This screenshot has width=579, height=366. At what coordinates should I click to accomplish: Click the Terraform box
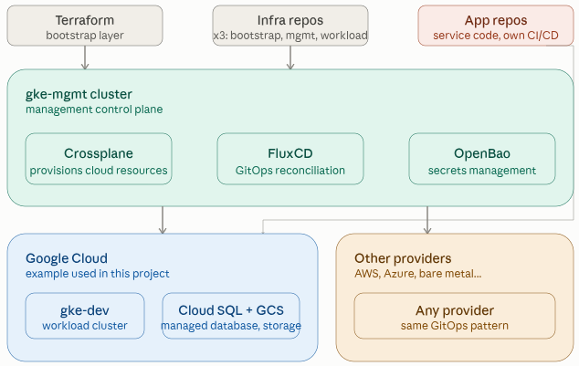85,26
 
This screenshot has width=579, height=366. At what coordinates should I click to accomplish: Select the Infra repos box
290,26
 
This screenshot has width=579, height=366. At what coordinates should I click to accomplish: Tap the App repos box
496,26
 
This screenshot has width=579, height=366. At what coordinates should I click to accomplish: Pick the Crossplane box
99,159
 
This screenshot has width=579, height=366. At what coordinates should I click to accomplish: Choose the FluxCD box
290,159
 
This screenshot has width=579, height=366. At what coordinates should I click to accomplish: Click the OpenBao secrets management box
482,159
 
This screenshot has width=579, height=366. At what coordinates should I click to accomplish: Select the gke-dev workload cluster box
85,316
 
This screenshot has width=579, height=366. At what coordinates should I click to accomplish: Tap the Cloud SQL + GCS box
231,316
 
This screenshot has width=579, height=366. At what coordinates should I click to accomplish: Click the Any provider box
455,316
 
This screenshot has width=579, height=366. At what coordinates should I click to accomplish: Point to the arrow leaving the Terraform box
85,58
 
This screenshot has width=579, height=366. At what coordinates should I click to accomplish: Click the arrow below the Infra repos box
290,58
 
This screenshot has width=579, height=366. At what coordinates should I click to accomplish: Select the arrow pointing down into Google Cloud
163,220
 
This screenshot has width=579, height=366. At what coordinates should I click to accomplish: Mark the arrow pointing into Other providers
427,220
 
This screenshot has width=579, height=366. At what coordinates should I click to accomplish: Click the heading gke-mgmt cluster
79,94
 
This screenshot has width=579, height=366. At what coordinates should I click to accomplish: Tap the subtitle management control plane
94,110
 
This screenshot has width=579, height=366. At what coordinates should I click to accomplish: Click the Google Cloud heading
67,258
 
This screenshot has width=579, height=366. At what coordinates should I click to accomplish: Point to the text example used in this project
98,274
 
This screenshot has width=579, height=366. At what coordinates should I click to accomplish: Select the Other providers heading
403,258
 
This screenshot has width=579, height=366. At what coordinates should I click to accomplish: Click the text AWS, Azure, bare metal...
418,274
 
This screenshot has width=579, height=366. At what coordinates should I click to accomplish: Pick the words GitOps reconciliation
290,171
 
